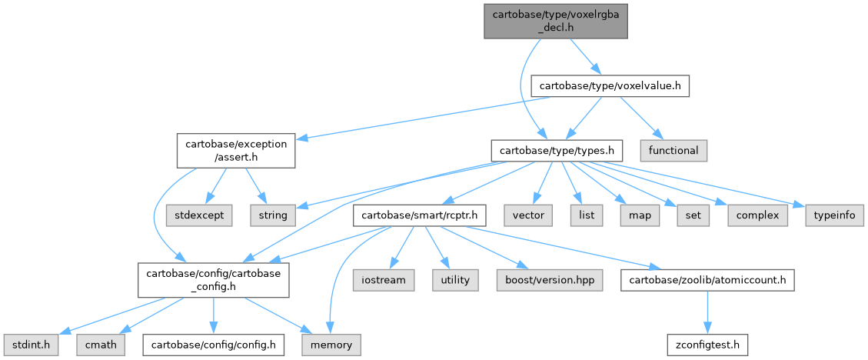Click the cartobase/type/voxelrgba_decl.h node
tap(555, 19)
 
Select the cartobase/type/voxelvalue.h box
tap(610, 85)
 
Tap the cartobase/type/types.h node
tap(557, 150)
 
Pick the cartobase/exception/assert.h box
tap(236, 151)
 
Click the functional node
tap(673, 150)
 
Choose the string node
tap(272, 215)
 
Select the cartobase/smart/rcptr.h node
tap(419, 215)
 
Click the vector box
tap(528, 215)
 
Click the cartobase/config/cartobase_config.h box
tap(213, 280)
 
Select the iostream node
tap(384, 280)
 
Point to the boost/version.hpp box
tap(553, 280)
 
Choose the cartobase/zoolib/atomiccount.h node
tap(707, 280)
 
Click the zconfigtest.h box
tap(707, 344)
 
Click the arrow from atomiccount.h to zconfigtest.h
tap(707, 312)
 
